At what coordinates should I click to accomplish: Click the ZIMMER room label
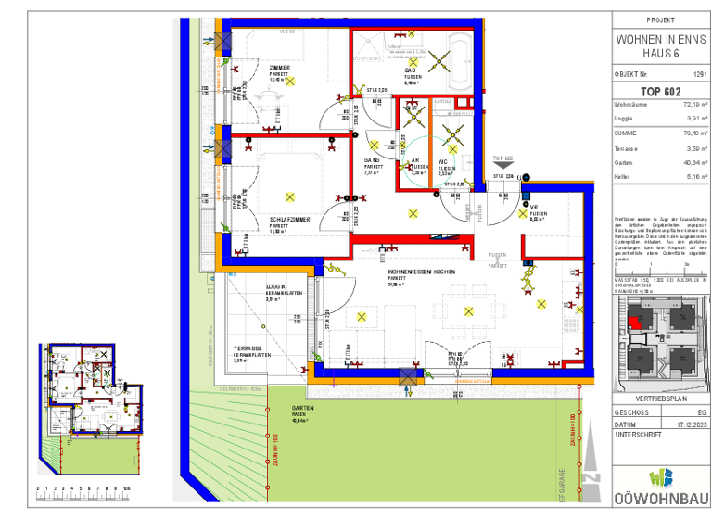[279, 69]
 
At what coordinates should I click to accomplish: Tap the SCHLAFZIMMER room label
[289, 220]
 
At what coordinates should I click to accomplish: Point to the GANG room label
[372, 160]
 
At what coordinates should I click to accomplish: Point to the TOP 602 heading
[659, 90]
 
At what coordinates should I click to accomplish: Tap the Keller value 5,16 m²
[694, 175]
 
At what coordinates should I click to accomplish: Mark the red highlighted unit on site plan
[633, 323]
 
